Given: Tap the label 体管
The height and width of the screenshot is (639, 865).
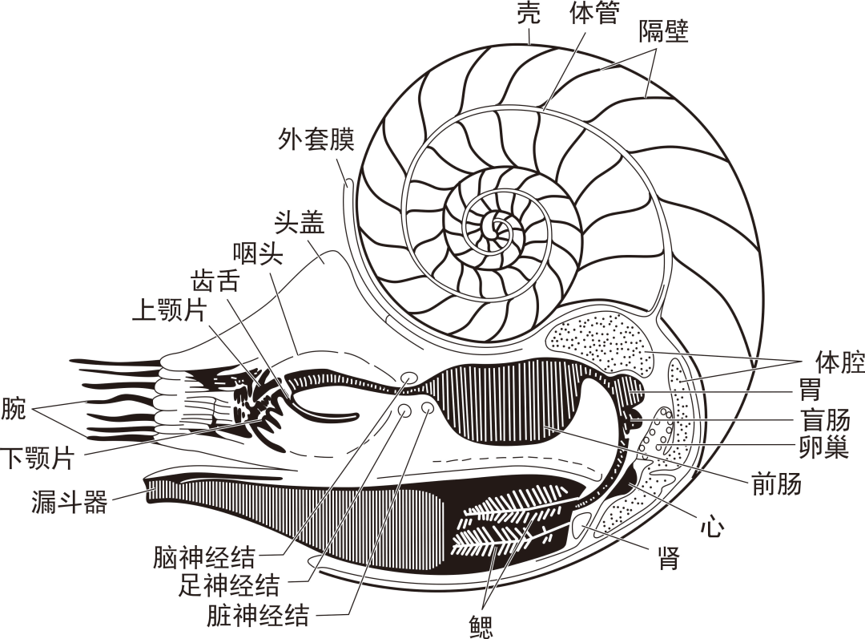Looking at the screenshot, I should [x=593, y=14].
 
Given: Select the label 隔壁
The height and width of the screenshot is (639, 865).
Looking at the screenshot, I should [x=664, y=32].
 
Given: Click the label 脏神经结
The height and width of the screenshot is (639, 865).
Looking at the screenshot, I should [x=257, y=616].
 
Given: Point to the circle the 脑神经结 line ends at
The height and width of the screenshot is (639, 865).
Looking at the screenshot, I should [x=408, y=377].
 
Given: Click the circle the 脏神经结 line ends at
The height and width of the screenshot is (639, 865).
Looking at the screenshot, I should [x=427, y=410].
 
